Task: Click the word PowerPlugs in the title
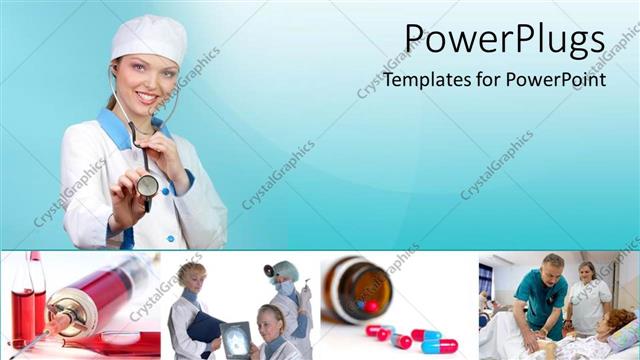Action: (x=504, y=41)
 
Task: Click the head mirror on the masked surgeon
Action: (x=269, y=270)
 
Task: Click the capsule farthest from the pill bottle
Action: (x=440, y=346)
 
